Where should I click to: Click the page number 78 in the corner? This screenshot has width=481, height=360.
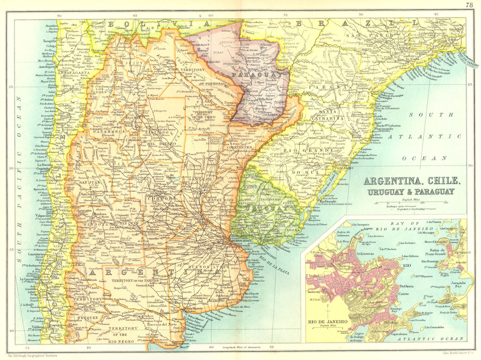469,5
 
